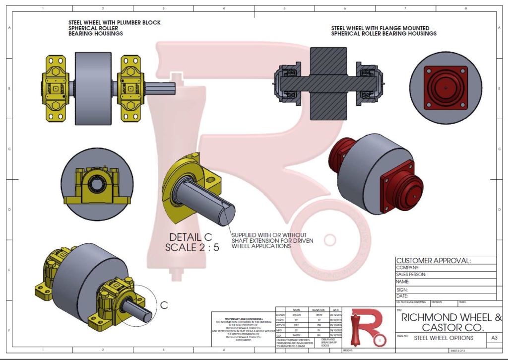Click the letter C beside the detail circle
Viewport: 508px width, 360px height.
click(164, 306)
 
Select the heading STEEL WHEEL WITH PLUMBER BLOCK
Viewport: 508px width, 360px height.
click(114, 23)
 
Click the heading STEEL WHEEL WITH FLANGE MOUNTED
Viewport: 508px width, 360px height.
click(380, 28)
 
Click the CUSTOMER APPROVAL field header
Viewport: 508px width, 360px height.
click(433, 261)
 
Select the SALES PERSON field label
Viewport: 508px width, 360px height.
click(411, 274)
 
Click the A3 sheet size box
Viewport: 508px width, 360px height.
click(494, 338)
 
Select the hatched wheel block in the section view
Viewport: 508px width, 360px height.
click(327, 83)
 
